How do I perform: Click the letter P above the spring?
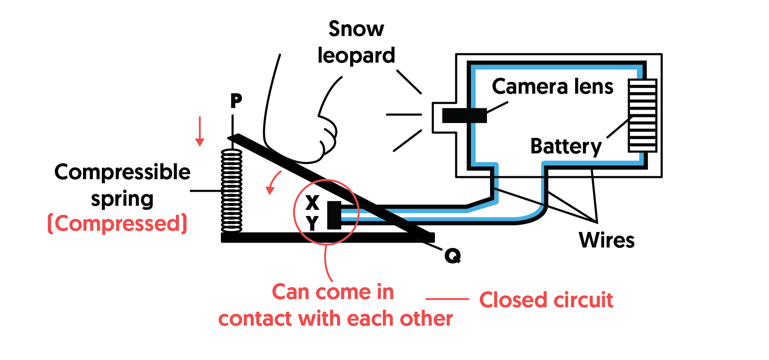tap(236, 101)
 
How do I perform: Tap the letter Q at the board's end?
tap(452, 256)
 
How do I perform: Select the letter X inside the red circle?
tap(312, 202)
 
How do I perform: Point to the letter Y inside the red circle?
tap(313, 223)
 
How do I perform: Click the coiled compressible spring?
tap(232, 191)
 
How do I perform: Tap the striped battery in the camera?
tap(642, 116)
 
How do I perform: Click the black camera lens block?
tap(464, 115)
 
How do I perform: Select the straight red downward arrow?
tap(200, 131)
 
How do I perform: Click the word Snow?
tap(356, 29)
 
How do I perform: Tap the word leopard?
tap(356, 56)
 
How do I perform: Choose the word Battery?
tap(566, 146)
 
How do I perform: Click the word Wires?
tap(607, 240)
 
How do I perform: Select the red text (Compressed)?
tap(117, 223)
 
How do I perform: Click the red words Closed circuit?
tap(546, 300)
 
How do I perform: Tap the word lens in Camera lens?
tap(594, 87)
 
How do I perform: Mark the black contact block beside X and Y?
tap(334, 215)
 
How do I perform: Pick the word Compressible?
tap(122, 172)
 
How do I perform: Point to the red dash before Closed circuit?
tap(447, 299)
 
